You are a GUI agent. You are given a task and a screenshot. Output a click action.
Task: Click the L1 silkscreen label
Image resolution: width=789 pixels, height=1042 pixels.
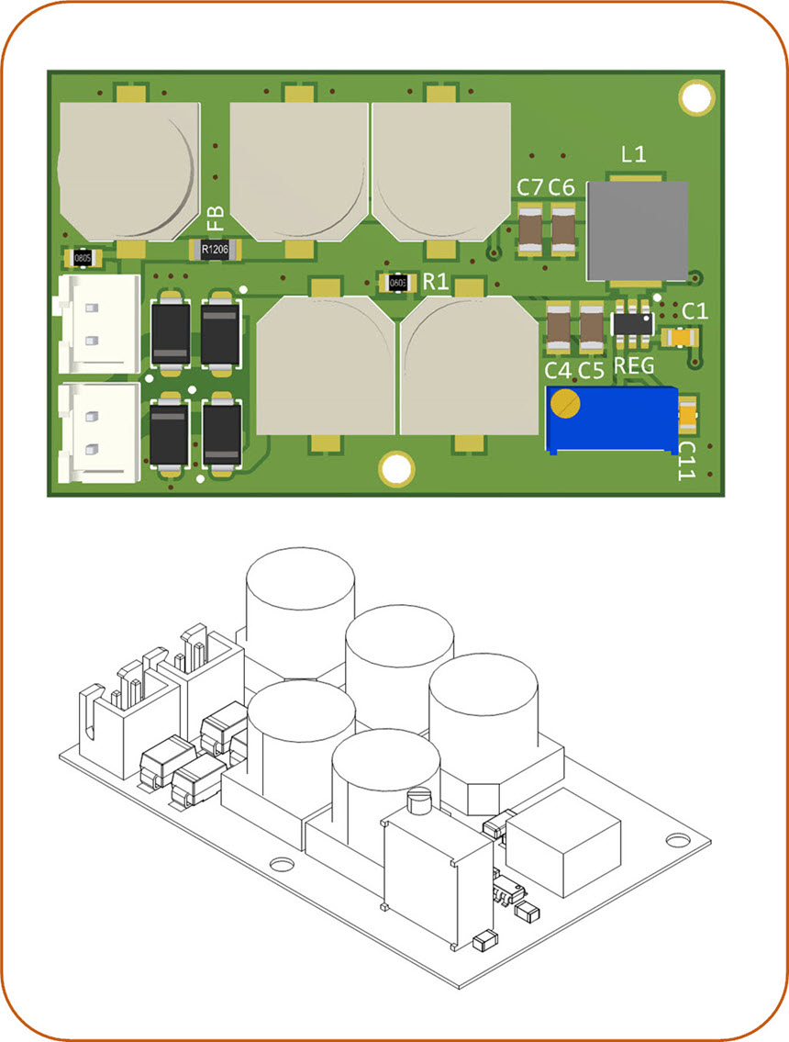[x=633, y=155]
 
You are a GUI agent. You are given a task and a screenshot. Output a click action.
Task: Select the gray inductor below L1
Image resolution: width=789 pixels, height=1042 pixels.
[x=637, y=230]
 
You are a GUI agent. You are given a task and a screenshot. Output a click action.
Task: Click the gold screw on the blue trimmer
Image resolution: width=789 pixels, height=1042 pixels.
[x=568, y=402]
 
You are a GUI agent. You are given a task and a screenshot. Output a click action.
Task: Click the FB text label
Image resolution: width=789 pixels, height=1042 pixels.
[x=215, y=218]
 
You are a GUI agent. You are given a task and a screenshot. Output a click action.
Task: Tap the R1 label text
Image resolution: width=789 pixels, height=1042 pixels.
[x=436, y=282]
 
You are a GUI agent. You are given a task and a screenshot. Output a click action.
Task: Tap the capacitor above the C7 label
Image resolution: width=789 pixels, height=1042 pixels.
[x=530, y=229]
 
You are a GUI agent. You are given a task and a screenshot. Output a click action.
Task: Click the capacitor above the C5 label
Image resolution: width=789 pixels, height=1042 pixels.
[x=592, y=328]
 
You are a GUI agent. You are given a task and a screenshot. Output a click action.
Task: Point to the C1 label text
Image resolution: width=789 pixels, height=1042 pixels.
[x=695, y=312]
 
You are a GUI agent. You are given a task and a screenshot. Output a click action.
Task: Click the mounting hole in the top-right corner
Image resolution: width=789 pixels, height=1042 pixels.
[x=695, y=97]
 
